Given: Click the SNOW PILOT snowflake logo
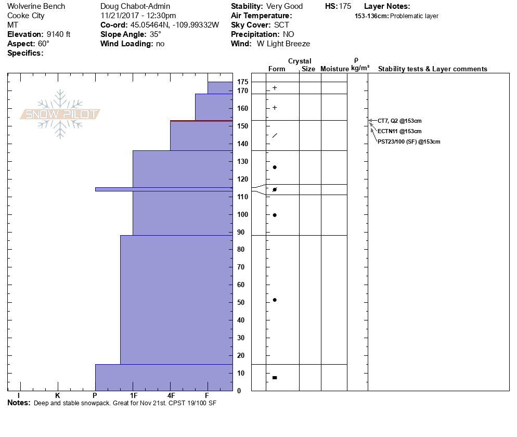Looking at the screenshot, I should [x=60, y=114].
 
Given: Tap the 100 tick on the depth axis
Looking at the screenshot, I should [x=242, y=215].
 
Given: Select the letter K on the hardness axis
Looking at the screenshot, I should [x=57, y=395].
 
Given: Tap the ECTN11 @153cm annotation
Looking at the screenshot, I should [x=399, y=131].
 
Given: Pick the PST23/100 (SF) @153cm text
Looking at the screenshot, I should [x=409, y=142].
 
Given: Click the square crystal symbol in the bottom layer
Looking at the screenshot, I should [x=275, y=377].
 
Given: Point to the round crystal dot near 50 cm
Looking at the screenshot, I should [x=275, y=300].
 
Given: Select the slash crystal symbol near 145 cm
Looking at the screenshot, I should [x=275, y=136].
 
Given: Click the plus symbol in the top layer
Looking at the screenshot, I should [x=275, y=88].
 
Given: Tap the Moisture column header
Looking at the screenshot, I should [x=334, y=69].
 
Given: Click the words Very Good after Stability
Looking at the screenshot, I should [x=285, y=7].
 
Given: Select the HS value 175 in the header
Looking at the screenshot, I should [x=345, y=7].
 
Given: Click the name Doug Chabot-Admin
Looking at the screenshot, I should [x=134, y=7].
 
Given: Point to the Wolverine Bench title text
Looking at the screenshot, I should [x=36, y=7].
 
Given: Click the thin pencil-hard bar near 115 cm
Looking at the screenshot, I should [x=164, y=189].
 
